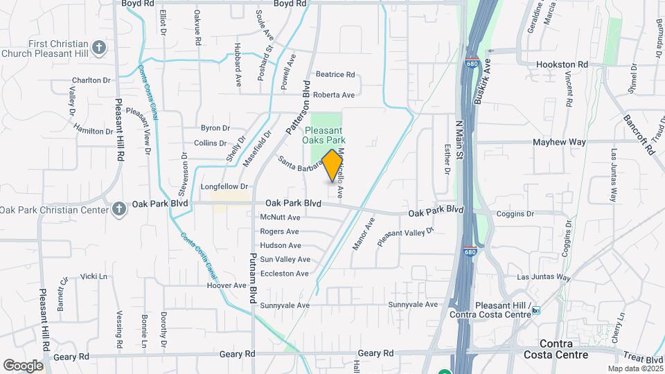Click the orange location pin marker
click(332, 166)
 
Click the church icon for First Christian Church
click(99, 48)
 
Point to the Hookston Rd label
click(562, 64)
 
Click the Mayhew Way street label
click(559, 142)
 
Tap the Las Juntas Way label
click(544, 277)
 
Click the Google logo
click(24, 365)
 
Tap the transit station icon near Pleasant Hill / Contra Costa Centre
click(535, 310)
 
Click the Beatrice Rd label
click(335, 75)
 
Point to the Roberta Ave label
click(334, 95)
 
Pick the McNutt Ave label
click(280, 217)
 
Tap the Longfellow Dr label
click(224, 186)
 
